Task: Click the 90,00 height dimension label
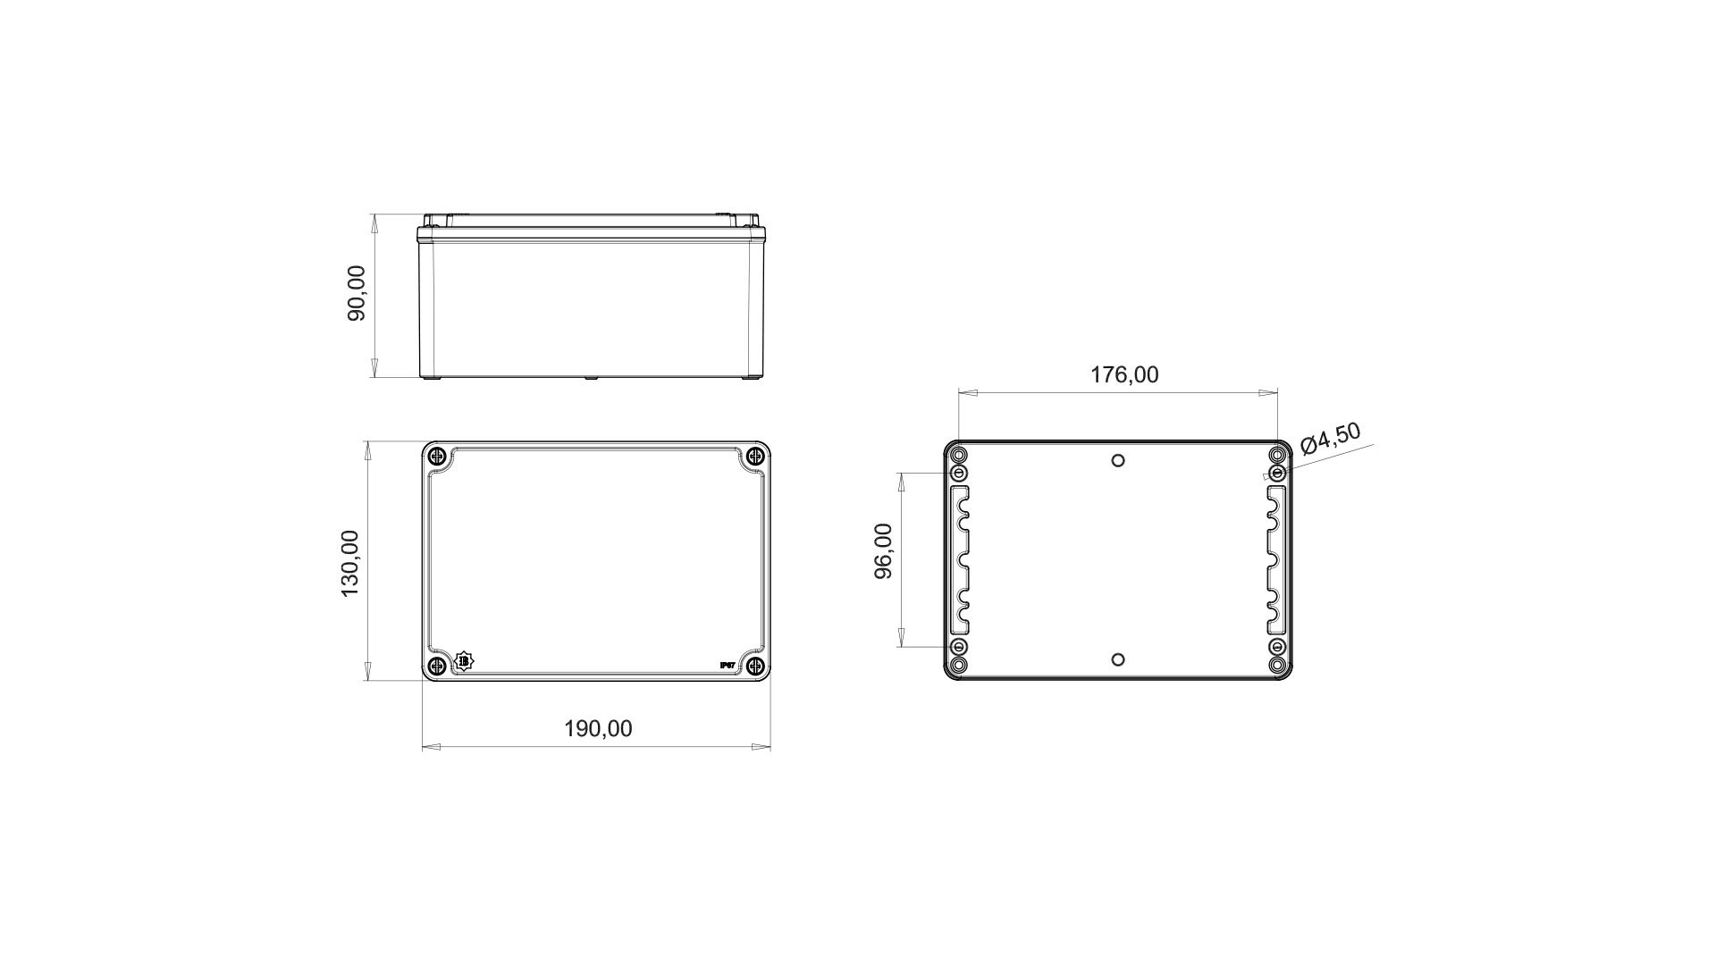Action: (357, 293)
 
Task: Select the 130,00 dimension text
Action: (349, 563)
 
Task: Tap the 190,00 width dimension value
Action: (598, 729)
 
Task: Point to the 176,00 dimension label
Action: (1124, 374)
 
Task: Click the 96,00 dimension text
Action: (883, 550)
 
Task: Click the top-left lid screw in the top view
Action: (437, 457)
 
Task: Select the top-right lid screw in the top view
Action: (755, 457)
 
